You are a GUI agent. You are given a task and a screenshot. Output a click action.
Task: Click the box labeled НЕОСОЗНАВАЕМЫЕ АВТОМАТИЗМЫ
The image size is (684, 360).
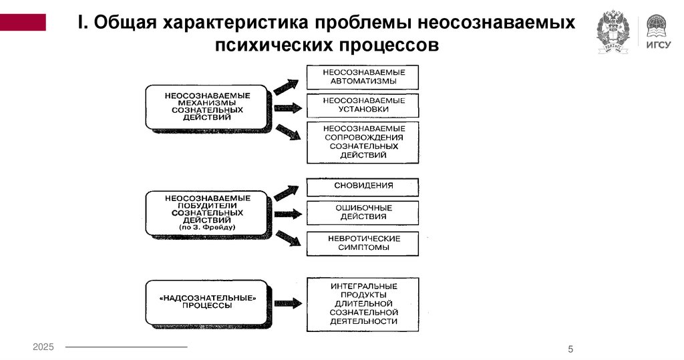point(363,77)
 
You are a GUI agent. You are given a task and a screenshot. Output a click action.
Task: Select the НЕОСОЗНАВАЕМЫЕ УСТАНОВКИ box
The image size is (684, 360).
point(363,106)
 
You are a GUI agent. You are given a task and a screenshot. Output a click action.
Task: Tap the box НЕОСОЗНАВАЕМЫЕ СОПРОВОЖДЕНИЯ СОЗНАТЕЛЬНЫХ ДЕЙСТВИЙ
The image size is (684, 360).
point(363,142)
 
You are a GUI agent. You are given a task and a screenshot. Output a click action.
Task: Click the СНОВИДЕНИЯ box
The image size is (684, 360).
point(363,186)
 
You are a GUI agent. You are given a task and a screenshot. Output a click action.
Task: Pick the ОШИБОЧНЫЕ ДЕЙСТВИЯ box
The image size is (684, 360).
point(363,212)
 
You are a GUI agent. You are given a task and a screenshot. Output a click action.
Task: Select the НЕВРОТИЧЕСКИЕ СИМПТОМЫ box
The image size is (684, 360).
point(363,243)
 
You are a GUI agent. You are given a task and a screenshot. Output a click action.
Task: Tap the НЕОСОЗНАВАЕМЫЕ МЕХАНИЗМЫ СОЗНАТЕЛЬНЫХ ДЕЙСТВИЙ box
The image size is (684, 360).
point(207,106)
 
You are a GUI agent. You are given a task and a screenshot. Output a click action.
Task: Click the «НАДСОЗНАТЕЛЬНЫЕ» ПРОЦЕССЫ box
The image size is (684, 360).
point(207,301)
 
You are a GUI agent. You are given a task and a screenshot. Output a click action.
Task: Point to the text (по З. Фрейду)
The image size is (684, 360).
point(207,228)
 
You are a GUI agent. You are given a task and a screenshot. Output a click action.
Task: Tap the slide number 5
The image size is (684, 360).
point(570,349)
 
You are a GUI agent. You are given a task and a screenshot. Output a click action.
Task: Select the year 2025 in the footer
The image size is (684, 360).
point(43,347)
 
